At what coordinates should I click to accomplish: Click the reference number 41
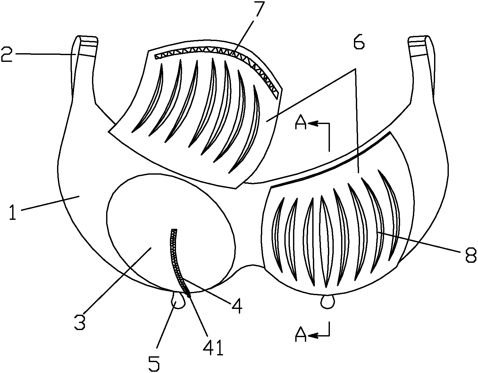pos(214,348)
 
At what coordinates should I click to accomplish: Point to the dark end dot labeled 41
pos(189,295)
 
